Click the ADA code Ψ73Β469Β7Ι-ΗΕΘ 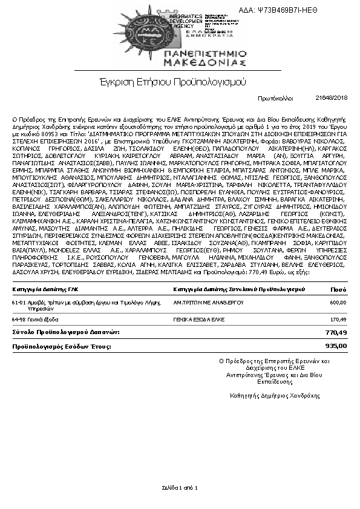312,10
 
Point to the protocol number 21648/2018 332,97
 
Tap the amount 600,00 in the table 338,302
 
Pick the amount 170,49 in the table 338,319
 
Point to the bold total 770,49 336,332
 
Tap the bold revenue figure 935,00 336,346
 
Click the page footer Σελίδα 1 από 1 180,487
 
